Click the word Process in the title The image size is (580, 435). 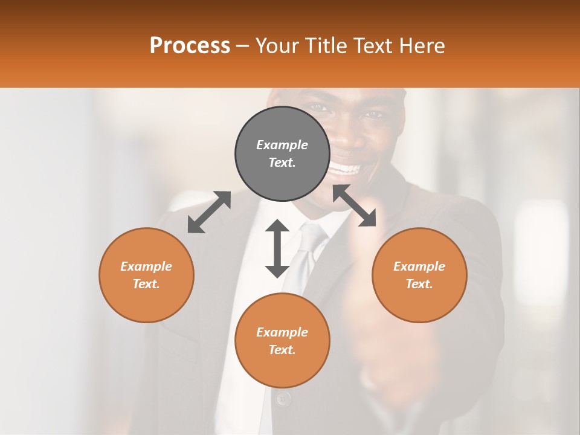tap(190, 46)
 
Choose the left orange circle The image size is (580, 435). tap(146, 275)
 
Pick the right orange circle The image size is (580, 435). tap(419, 275)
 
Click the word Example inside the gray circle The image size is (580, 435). tap(282, 145)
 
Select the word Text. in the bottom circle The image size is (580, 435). tap(282, 350)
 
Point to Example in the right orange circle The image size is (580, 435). tap(419, 266)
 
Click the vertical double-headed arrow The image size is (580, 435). tap(277, 248)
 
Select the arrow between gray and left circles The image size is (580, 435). tap(209, 212)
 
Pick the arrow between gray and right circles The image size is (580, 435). tap(355, 206)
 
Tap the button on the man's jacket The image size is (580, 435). tap(283, 398)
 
